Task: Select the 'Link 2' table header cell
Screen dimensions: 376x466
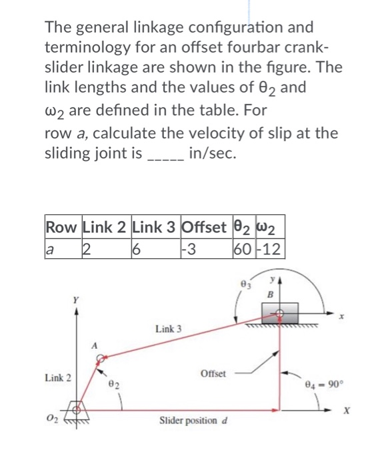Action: [x=106, y=227]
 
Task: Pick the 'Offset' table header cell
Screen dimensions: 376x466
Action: [x=205, y=227]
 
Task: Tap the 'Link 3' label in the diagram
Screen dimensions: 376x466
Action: [x=168, y=330]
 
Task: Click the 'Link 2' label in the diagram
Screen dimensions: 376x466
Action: [x=58, y=377]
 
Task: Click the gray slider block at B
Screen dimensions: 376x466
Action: [x=281, y=312]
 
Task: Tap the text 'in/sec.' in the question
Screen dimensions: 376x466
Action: [x=212, y=154]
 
